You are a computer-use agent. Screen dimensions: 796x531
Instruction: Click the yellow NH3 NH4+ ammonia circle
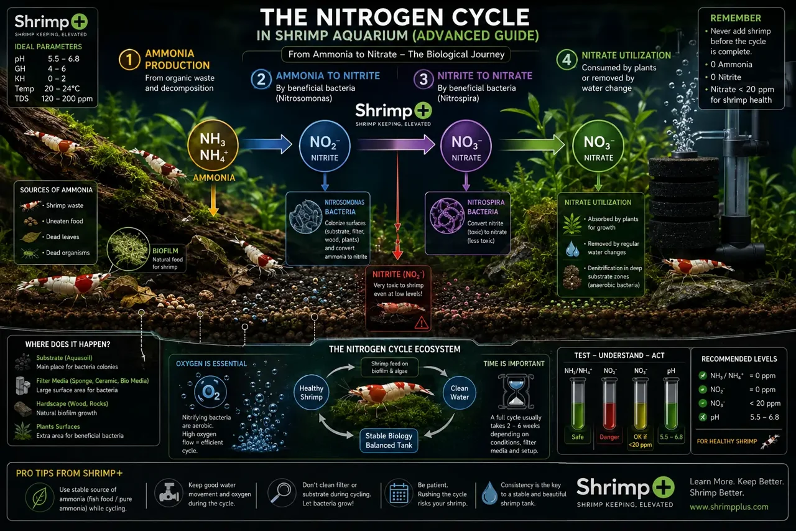click(x=213, y=146)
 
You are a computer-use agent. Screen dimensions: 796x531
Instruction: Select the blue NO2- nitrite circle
click(x=325, y=146)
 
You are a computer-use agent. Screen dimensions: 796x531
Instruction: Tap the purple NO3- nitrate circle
click(x=466, y=146)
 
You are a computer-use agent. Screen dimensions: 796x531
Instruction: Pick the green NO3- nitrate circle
click(x=598, y=146)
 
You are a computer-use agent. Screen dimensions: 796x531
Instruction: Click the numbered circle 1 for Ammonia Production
click(x=129, y=59)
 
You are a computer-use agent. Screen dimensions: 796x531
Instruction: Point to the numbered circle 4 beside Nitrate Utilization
click(x=567, y=59)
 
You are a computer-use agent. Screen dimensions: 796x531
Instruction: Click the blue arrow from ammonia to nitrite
click(x=267, y=144)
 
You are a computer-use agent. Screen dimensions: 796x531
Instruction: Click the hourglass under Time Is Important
click(x=516, y=392)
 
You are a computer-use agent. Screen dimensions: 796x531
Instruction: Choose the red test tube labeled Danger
click(x=609, y=403)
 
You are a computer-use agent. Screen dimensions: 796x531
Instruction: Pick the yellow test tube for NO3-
click(x=640, y=403)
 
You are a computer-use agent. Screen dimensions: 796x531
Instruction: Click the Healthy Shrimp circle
click(x=312, y=393)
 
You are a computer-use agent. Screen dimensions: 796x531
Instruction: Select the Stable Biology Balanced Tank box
click(x=389, y=441)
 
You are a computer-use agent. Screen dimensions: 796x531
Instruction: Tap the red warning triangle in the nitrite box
click(x=422, y=322)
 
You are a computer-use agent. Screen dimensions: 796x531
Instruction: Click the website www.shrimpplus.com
click(x=729, y=507)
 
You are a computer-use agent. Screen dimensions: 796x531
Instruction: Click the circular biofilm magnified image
click(x=128, y=249)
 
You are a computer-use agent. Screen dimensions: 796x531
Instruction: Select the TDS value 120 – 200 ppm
click(x=67, y=98)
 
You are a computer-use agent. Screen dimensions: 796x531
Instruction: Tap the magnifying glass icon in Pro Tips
click(x=280, y=492)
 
